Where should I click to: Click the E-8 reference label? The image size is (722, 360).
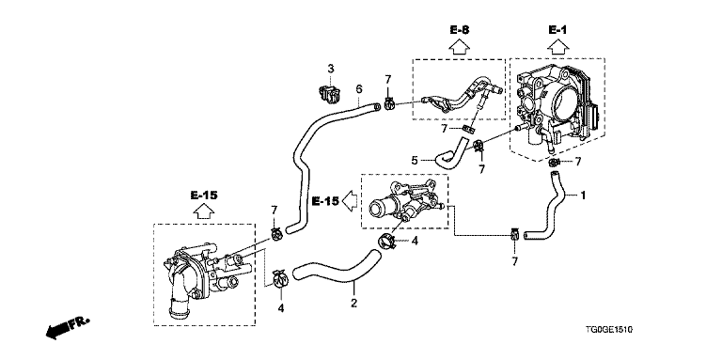(x=460, y=31)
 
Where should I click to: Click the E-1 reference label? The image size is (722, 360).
(x=557, y=30)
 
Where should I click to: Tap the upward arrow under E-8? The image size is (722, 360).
(x=459, y=47)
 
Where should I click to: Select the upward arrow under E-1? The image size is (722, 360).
(x=557, y=47)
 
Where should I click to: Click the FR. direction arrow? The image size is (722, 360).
(x=68, y=328)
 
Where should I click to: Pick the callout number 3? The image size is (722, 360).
(x=331, y=69)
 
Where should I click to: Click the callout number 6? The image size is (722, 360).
(x=359, y=88)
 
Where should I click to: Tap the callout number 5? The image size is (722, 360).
(x=415, y=160)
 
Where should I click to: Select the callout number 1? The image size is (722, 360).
(x=583, y=196)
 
